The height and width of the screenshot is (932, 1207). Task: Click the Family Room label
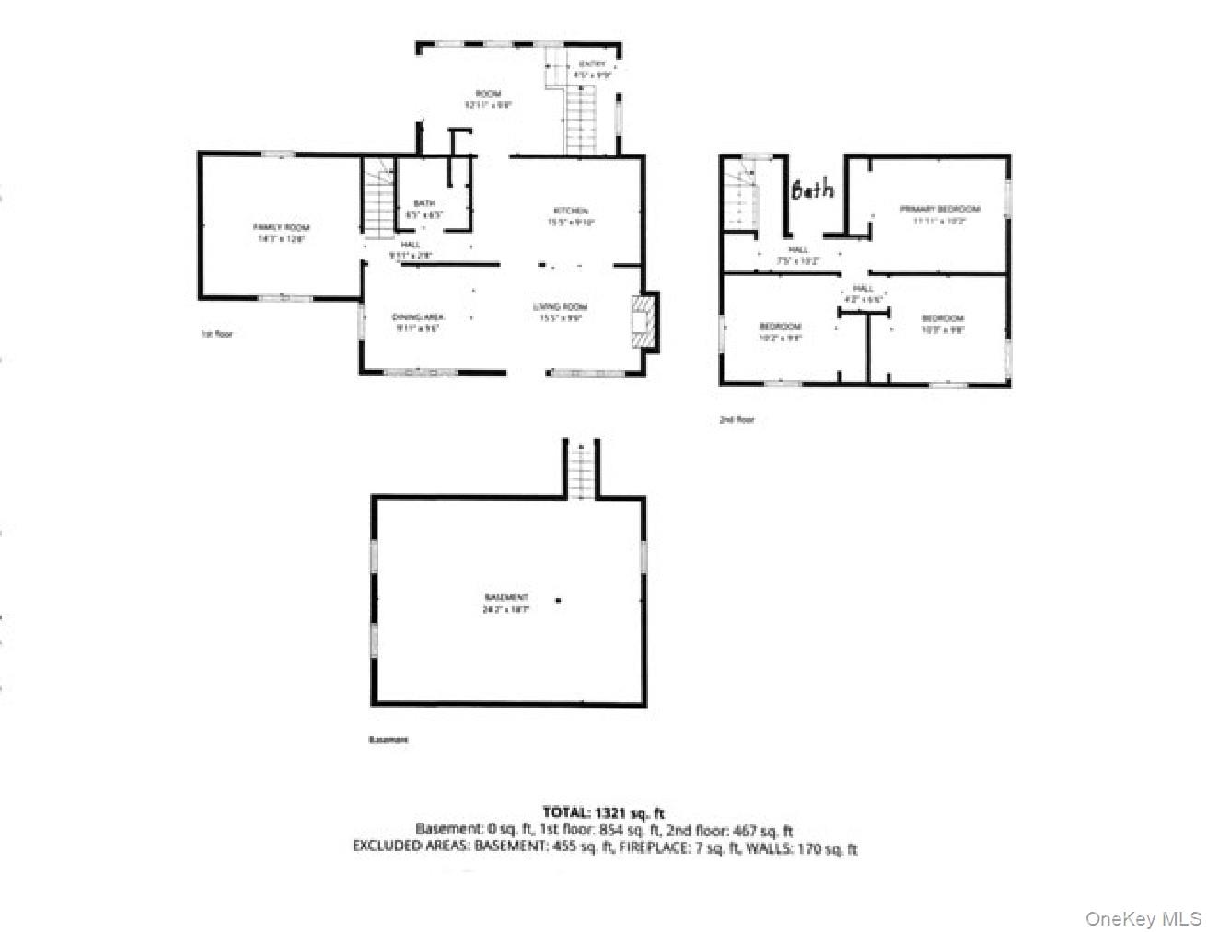click(282, 227)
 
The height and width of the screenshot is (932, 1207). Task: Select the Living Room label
click(561, 306)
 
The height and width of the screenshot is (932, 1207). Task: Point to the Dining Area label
click(419, 316)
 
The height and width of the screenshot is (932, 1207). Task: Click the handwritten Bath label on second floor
click(813, 190)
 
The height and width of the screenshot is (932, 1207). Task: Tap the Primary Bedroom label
click(939, 209)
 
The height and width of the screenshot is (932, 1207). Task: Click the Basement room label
click(506, 597)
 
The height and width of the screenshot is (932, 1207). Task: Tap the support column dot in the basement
click(558, 601)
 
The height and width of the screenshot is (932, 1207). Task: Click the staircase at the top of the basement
click(581, 470)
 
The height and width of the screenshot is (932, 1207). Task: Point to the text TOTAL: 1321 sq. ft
click(603, 812)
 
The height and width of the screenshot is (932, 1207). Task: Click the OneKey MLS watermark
click(1143, 918)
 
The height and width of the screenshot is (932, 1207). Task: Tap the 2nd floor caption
click(737, 420)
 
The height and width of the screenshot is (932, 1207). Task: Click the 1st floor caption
click(216, 334)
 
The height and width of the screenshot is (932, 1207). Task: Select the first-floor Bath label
click(424, 204)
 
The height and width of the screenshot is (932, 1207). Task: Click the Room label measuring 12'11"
click(488, 94)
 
